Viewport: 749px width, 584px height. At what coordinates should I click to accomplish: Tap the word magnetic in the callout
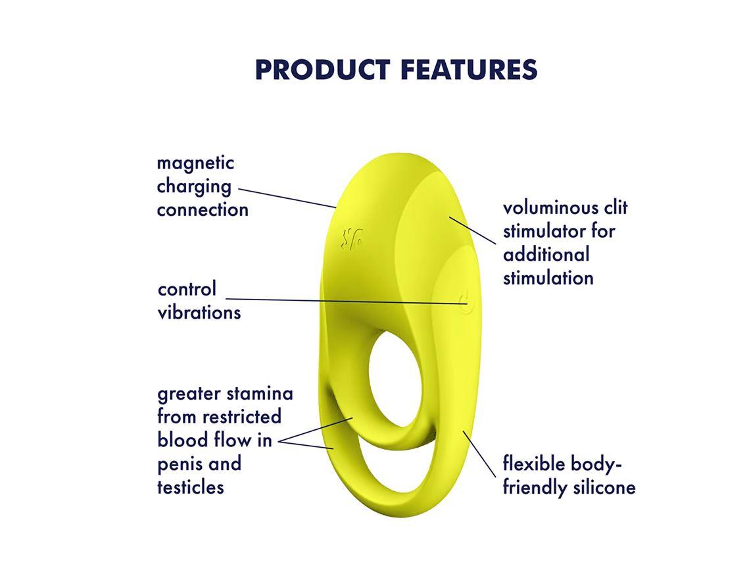pyautogui.click(x=195, y=163)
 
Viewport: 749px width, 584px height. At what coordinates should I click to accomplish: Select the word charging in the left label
pyautogui.click(x=194, y=187)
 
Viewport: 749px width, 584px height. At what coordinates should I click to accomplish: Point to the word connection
pyautogui.click(x=203, y=210)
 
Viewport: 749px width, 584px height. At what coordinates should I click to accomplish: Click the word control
pyautogui.click(x=187, y=289)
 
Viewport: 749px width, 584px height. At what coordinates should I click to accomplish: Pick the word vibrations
pyautogui.click(x=199, y=312)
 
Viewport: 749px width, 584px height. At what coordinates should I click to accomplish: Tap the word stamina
pyautogui.click(x=260, y=394)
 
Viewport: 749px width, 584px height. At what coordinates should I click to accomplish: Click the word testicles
pyautogui.click(x=191, y=487)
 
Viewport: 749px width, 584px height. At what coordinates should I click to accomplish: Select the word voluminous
pyautogui.click(x=552, y=208)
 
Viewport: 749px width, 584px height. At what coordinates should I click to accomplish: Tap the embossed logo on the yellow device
pyautogui.click(x=352, y=238)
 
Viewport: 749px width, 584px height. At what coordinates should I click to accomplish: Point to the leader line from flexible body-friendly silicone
pyautogui.click(x=479, y=454)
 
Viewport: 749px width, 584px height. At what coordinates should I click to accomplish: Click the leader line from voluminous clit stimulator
pyautogui.click(x=473, y=229)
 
